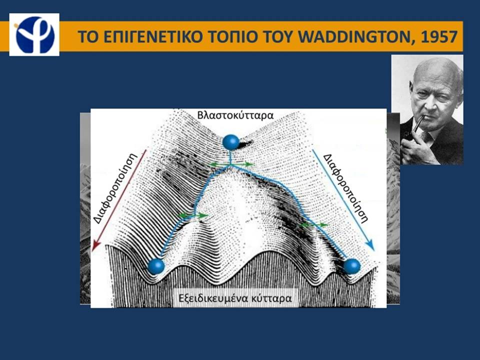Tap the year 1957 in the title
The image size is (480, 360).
coord(439,36)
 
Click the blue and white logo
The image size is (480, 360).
coord(34,34)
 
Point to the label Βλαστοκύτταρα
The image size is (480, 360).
coord(235,115)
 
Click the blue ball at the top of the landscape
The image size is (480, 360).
coord(231,142)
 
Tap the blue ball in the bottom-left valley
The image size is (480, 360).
coord(156,266)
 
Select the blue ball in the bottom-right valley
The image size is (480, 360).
coord(351,266)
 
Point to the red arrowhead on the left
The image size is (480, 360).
coord(96,245)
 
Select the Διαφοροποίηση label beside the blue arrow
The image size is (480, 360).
coord(345,187)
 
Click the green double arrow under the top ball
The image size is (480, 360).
coord(231,164)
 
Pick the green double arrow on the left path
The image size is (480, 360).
coord(193,215)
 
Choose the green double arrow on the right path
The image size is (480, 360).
coord(313,225)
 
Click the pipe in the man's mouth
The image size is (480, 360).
coord(414,128)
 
